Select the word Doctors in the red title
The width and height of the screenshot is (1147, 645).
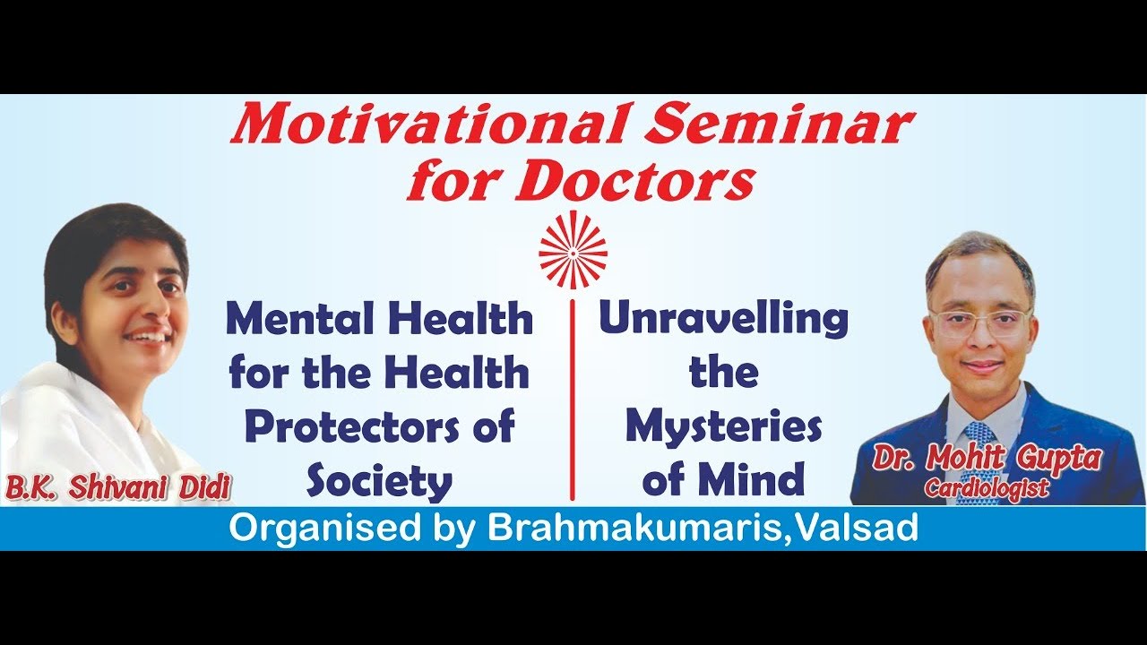click(635, 182)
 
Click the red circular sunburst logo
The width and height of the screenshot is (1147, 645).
click(573, 250)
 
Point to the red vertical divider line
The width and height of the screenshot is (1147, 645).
click(572, 403)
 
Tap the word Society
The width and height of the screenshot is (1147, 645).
click(379, 482)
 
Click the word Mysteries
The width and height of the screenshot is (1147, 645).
click(723, 428)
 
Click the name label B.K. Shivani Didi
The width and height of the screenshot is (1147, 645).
click(116, 489)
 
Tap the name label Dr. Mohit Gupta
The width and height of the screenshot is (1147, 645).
click(987, 460)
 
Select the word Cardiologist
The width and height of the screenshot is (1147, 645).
click(987, 488)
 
